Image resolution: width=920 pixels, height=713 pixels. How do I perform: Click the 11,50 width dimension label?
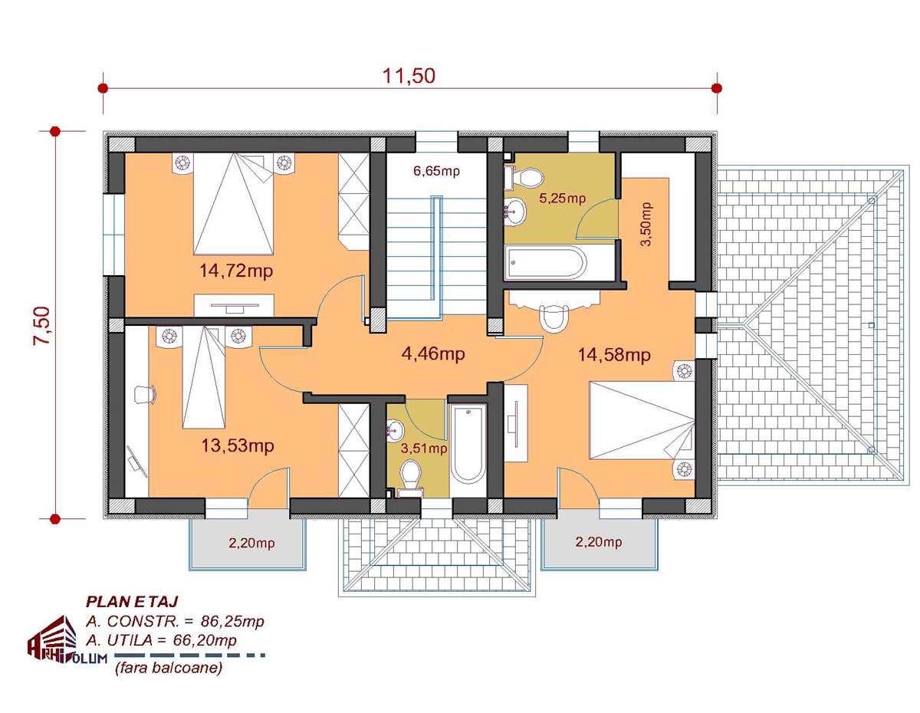pyautogui.click(x=409, y=76)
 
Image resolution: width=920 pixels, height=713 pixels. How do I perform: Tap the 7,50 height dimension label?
pyautogui.click(x=42, y=326)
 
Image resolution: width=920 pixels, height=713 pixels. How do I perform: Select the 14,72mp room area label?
pyautogui.click(x=236, y=271)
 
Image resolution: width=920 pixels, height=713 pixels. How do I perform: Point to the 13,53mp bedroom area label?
pyautogui.click(x=238, y=446)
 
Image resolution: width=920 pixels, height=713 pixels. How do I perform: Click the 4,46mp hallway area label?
pyautogui.click(x=433, y=353)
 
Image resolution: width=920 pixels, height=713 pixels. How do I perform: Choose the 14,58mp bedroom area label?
pyautogui.click(x=614, y=354)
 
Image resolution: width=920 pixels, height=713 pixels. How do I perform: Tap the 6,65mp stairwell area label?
pyautogui.click(x=436, y=172)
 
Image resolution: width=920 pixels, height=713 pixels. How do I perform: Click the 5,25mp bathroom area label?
pyautogui.click(x=562, y=198)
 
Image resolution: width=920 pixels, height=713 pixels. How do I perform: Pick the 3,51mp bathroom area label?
pyautogui.click(x=424, y=449)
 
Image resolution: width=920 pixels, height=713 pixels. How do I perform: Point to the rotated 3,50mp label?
pyautogui.click(x=646, y=225)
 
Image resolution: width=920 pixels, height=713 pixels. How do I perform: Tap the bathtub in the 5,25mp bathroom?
pyautogui.click(x=546, y=262)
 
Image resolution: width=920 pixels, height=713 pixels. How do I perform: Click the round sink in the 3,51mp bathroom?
pyautogui.click(x=395, y=431)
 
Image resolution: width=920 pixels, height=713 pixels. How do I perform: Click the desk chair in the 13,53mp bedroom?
pyautogui.click(x=145, y=395)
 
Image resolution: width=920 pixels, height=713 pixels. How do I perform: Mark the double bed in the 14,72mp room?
pyautogui.click(x=233, y=204)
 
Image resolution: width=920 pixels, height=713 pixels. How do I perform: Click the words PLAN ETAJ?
pyautogui.click(x=132, y=601)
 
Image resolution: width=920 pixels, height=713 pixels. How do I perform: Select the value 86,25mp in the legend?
pyautogui.click(x=232, y=621)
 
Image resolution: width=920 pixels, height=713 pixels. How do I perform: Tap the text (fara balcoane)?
pyautogui.click(x=169, y=668)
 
